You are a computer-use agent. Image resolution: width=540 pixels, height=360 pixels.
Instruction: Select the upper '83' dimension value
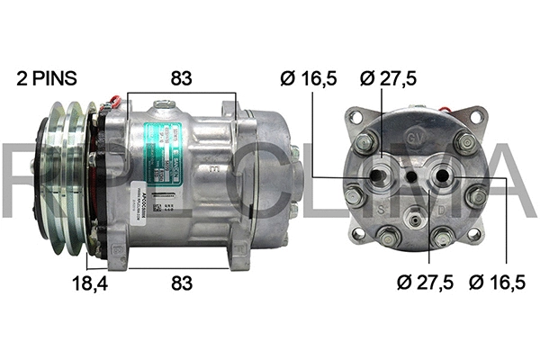[x=182, y=78]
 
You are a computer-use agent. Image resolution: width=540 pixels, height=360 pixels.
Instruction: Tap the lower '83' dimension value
[x=182, y=283]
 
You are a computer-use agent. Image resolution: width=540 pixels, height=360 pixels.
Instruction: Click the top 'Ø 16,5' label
[x=308, y=78]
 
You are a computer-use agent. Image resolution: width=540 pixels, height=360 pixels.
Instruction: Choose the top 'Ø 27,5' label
[x=389, y=78]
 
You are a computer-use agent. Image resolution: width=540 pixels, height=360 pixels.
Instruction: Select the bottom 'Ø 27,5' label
[x=425, y=283]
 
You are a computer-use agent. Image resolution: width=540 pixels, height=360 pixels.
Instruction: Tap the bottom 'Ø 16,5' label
[x=498, y=283]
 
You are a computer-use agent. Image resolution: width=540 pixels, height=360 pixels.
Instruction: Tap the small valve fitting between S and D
[x=414, y=216]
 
